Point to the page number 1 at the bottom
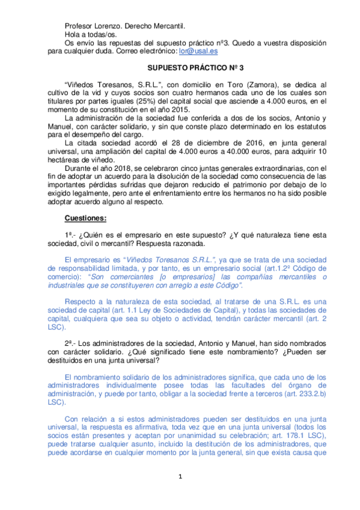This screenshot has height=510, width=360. point(180,478)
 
